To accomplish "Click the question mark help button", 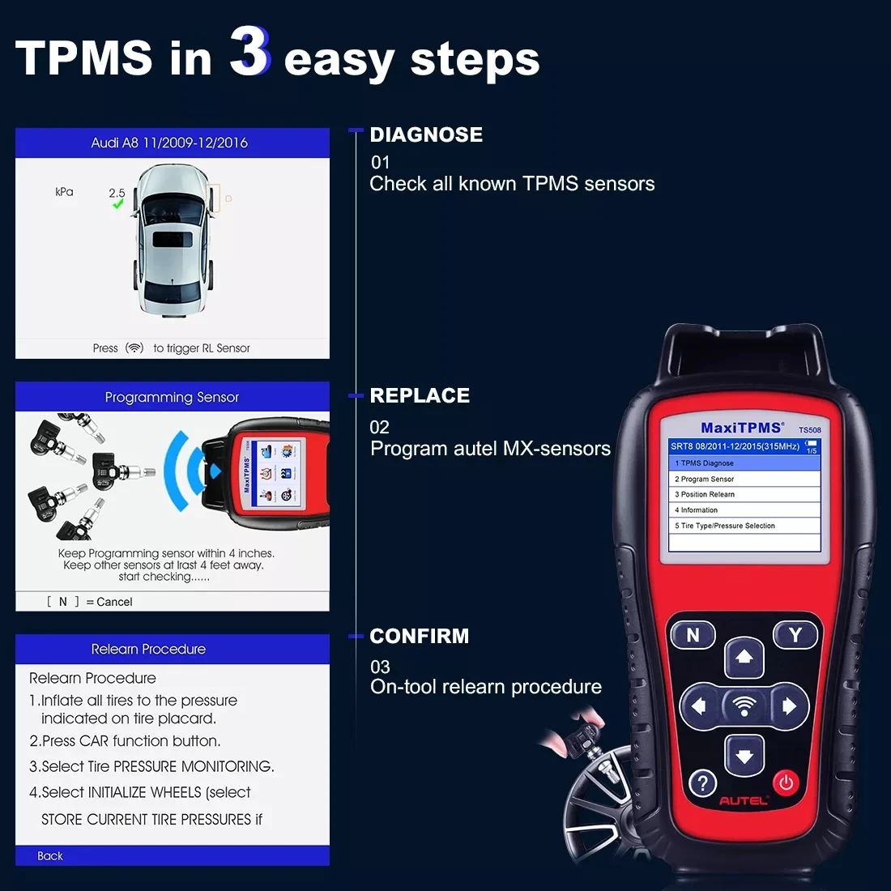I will click(702, 783).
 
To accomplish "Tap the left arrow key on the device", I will click(699, 706).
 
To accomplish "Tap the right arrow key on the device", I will click(789, 706).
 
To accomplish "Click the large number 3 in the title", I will click(249, 51).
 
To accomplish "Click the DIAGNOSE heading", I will click(426, 134).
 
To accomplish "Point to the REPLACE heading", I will click(420, 395).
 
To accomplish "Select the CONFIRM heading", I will click(419, 636).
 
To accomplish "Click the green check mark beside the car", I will click(118, 204).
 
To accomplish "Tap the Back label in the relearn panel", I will click(50, 856).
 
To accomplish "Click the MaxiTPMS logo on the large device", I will click(742, 428).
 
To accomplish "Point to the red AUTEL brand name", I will click(744, 801).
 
